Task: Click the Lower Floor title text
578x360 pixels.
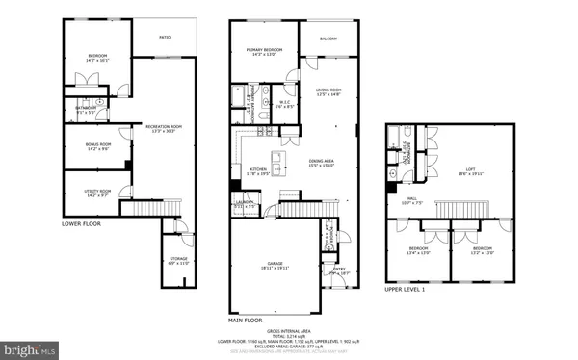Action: coord(82,223)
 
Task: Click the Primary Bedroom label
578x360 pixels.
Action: coord(262,51)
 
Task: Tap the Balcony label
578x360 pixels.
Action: coord(328,39)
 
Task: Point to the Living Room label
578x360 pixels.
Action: coord(329,91)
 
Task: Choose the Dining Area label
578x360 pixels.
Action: coord(321,163)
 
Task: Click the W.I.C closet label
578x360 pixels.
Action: coord(285,103)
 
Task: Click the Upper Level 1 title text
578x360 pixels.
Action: coord(406,288)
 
